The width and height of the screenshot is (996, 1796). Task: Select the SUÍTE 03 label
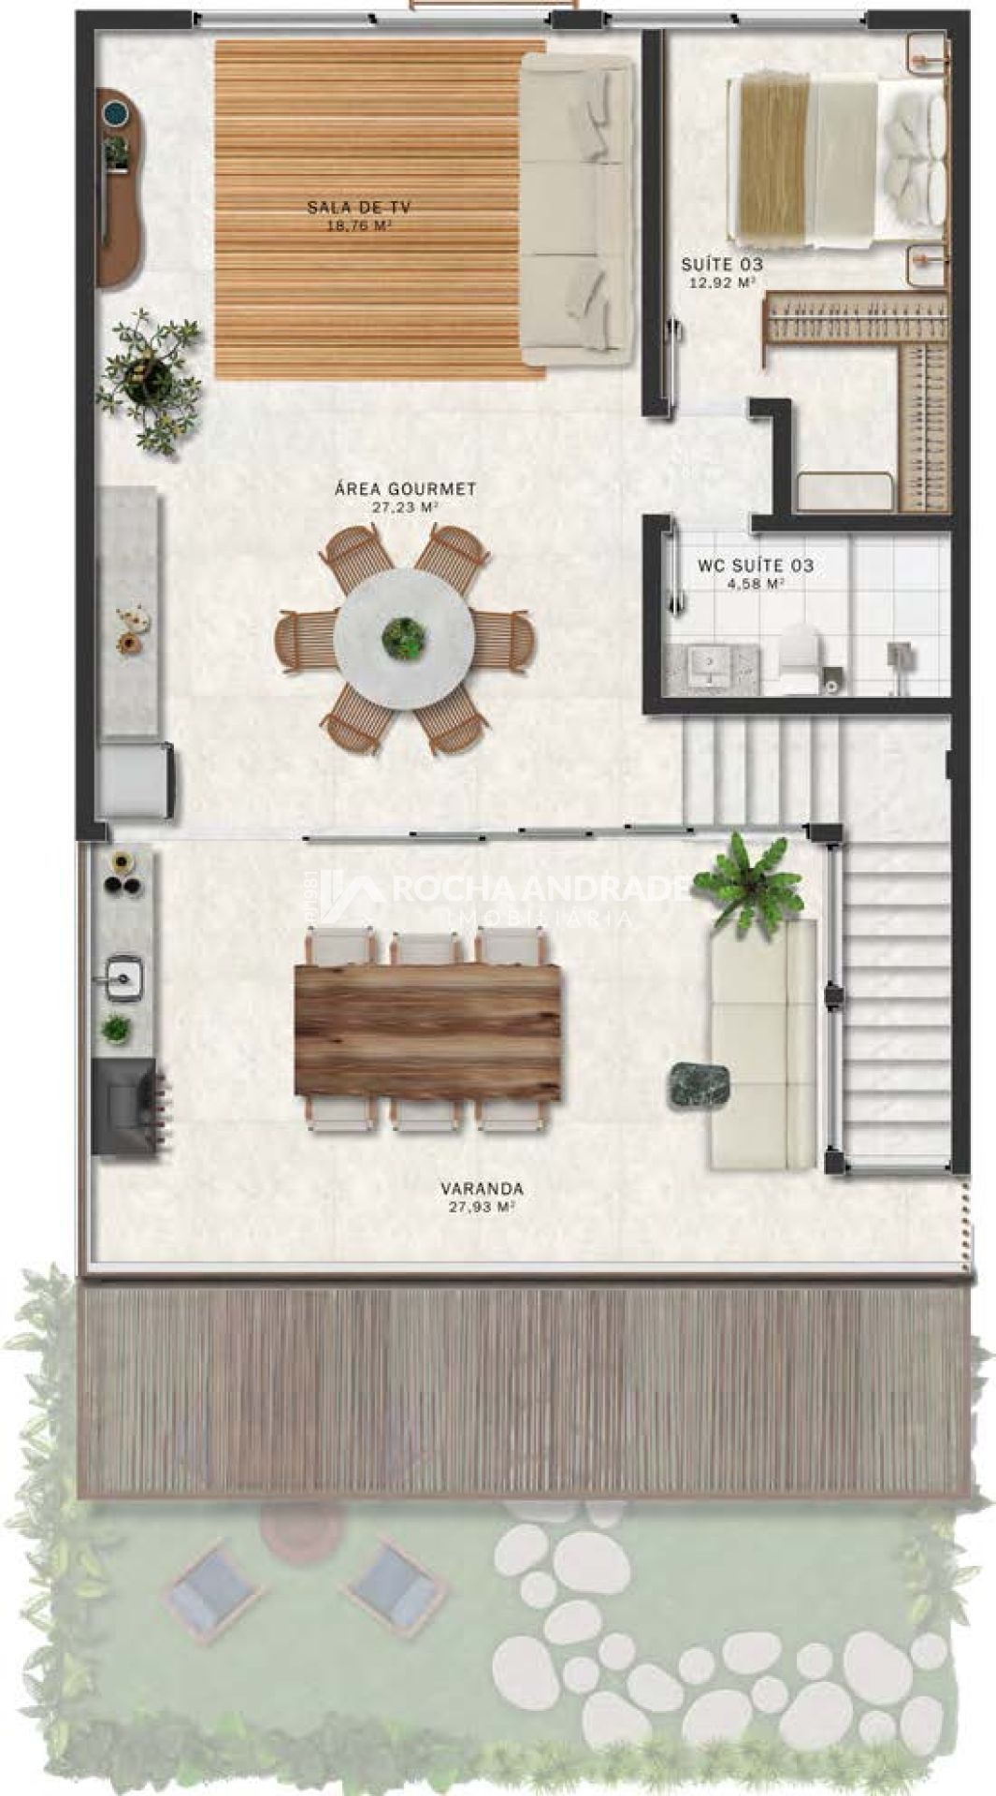click(721, 265)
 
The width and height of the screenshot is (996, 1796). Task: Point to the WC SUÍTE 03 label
click(756, 566)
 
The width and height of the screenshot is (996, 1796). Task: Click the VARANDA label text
click(482, 1189)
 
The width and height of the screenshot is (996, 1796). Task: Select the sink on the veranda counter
click(123, 977)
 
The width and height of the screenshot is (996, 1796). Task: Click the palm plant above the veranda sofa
click(747, 880)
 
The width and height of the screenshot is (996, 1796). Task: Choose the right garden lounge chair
click(393, 1583)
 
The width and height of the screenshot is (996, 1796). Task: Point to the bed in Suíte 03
click(834, 164)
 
